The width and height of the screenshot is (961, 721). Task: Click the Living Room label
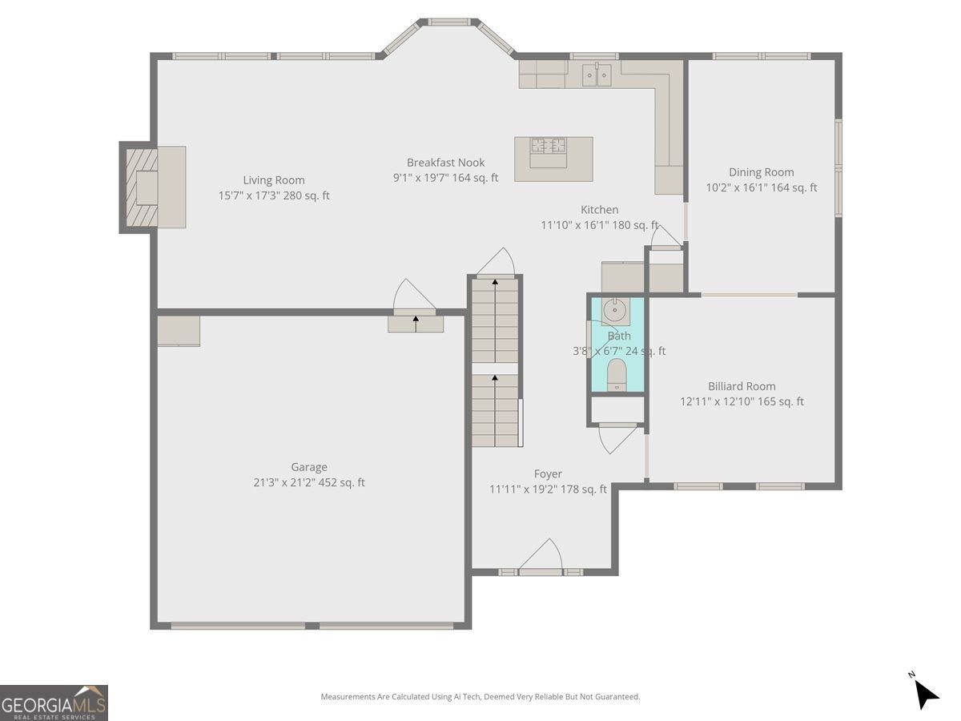point(274,180)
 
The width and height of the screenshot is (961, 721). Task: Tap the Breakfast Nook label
point(445,163)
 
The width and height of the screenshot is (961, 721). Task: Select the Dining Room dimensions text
point(761,188)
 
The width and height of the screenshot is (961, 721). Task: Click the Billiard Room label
point(742,386)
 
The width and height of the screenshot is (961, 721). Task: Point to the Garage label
point(309,467)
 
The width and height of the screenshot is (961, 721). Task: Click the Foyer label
point(548,474)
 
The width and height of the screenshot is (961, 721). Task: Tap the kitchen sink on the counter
point(596,75)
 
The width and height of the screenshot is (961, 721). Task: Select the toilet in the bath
point(617,375)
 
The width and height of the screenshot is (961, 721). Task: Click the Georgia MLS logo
point(54,703)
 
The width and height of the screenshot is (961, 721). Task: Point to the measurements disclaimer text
point(480,697)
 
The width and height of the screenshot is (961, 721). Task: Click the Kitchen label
point(599,210)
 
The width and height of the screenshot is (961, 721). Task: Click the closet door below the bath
point(618,437)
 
